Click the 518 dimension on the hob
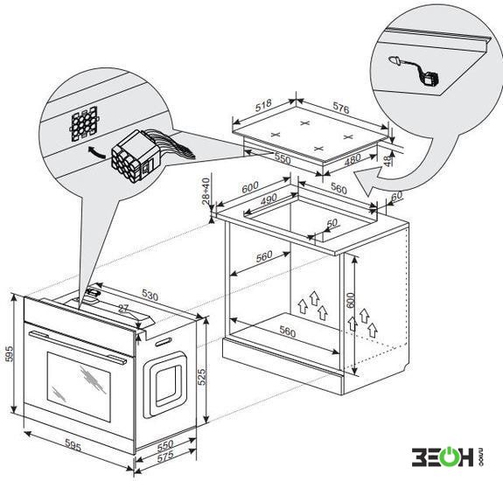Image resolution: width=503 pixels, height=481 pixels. point(263,106)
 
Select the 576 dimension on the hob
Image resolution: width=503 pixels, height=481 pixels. point(340,108)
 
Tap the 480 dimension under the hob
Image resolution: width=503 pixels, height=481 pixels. point(353,159)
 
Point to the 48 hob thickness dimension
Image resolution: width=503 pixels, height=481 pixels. point(388,160)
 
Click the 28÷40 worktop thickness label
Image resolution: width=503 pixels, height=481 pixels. point(206,191)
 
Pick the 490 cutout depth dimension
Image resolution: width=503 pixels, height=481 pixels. point(269,199)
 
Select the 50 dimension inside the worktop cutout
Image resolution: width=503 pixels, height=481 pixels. point(332,223)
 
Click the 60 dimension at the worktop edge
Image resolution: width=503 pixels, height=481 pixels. point(396,196)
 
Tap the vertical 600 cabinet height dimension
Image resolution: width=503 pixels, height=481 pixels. point(350,300)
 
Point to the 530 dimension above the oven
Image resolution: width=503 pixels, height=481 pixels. point(150,296)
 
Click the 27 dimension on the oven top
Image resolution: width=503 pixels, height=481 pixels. point(123,309)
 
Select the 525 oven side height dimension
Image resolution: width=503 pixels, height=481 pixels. point(201,377)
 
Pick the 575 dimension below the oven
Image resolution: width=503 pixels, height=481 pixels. point(165,457)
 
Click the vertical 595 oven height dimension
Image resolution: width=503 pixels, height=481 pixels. point(10,353)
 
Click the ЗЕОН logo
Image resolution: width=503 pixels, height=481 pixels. point(448,457)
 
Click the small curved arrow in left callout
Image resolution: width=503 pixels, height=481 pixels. point(96,151)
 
